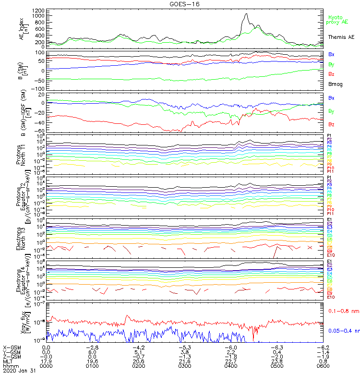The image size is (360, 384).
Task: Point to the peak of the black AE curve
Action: pos(246,14)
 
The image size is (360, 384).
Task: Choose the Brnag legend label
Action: pos(335,84)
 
